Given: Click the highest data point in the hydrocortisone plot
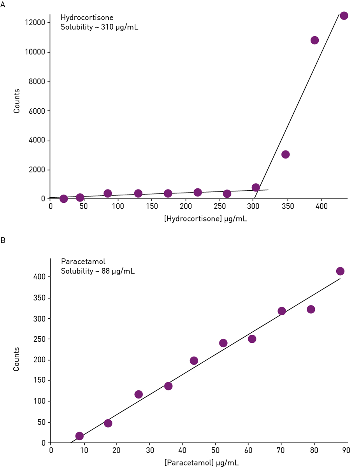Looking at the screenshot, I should point(344,16).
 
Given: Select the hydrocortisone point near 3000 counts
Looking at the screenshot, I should point(285,154).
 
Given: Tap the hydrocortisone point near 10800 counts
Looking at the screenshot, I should point(314,40).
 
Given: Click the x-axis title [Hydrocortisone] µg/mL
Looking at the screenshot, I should point(205,219).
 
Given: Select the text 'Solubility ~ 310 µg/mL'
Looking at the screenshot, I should point(99,27).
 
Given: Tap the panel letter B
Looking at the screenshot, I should point(3,241).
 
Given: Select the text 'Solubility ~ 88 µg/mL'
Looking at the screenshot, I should point(98,271).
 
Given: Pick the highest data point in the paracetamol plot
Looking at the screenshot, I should point(340,271).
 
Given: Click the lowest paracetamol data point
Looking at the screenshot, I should point(79,436).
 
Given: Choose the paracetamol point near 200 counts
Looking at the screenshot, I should point(194,360).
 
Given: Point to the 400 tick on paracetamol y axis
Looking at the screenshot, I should point(40,277).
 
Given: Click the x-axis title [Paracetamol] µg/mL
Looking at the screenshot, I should point(201,462).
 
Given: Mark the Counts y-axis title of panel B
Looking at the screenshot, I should point(16,359).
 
